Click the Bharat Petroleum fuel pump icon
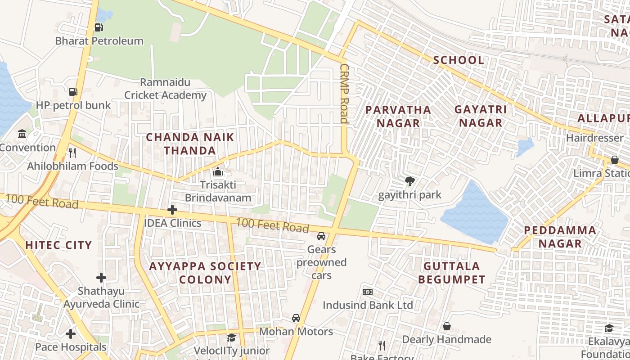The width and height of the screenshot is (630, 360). (99, 27)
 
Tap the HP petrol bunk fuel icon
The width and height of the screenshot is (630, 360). (73, 92)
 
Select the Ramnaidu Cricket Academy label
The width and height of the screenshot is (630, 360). (165, 89)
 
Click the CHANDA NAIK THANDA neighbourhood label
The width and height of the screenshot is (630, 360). (190, 144)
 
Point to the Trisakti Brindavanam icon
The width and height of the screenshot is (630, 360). (218, 171)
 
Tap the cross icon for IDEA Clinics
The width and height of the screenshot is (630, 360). (172, 210)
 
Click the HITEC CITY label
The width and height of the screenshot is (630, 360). (58, 245)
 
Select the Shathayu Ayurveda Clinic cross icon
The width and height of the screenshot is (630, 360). (101, 278)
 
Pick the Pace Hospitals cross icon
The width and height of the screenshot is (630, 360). (71, 334)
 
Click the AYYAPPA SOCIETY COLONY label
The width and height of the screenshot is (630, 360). (205, 273)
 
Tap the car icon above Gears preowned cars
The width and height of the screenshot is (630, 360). (321, 236)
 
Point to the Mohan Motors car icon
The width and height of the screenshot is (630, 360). (296, 318)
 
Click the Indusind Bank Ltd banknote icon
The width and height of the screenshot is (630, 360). (368, 292)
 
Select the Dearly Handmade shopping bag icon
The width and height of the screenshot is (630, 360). (447, 326)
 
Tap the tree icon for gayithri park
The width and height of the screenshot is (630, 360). (409, 181)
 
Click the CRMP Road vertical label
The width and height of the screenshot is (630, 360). (344, 93)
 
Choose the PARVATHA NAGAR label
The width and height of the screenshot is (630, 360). (398, 116)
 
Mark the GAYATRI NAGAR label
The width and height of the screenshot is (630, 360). (481, 116)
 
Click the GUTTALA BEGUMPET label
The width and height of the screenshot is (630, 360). (451, 273)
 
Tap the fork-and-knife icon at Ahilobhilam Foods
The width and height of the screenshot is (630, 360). (72, 153)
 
